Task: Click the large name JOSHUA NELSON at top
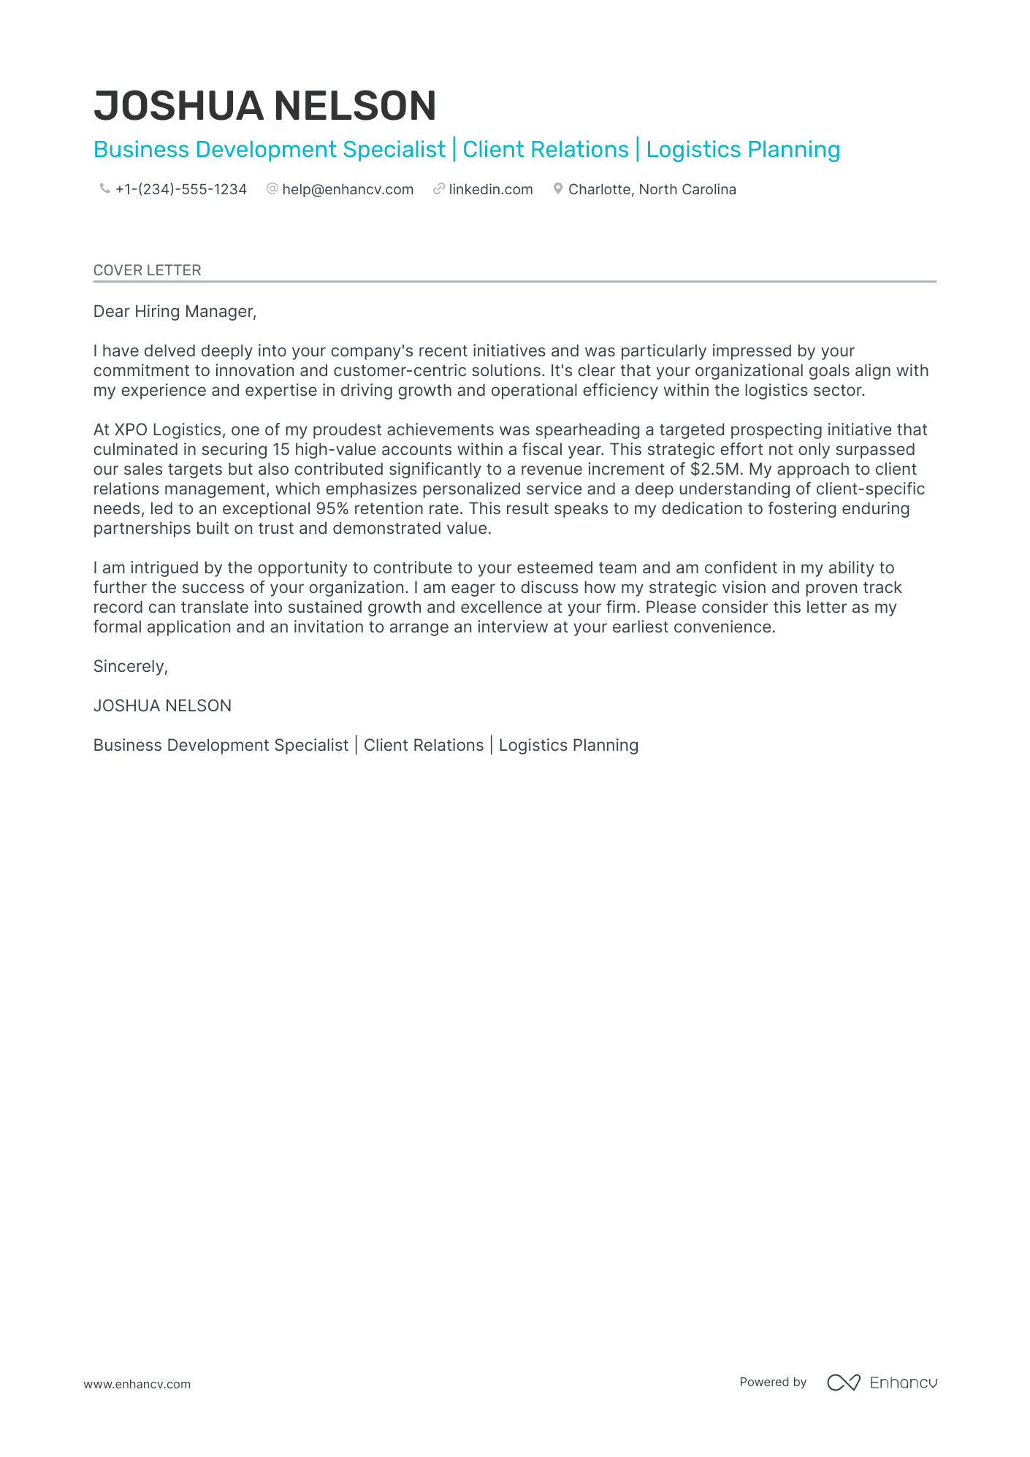pyautogui.click(x=264, y=106)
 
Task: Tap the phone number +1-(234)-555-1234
pyautogui.click(x=180, y=190)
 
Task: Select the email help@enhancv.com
pyautogui.click(x=348, y=190)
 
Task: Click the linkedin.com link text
pyautogui.click(x=490, y=190)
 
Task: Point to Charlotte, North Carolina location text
pyautogui.click(x=652, y=190)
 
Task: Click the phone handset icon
pyautogui.click(x=104, y=189)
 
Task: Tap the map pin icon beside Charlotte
pyautogui.click(x=558, y=189)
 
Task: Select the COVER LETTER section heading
pyautogui.click(x=147, y=270)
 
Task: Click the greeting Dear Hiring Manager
pyautogui.click(x=175, y=312)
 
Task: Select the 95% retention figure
pyautogui.click(x=332, y=509)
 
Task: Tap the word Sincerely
pyautogui.click(x=130, y=667)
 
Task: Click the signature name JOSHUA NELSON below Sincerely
pyautogui.click(x=162, y=706)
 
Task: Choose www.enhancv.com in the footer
pyautogui.click(x=137, y=1384)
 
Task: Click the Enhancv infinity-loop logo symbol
pyautogui.click(x=843, y=1383)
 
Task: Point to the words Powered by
pyautogui.click(x=773, y=1383)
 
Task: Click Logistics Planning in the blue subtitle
pyautogui.click(x=743, y=150)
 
